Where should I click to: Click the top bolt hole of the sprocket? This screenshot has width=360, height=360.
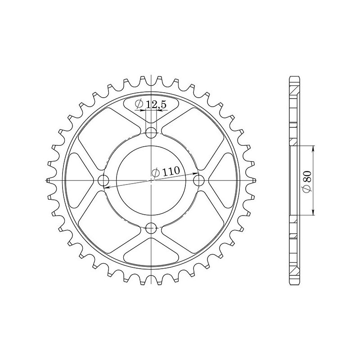(152, 133)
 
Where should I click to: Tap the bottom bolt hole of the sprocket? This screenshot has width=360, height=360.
(152, 227)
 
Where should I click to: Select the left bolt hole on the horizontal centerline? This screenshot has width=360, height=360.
(104, 180)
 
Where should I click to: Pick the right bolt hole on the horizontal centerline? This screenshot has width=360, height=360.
(199, 180)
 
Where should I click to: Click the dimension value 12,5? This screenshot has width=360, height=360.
(156, 105)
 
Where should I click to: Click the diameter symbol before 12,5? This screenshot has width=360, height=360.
(139, 105)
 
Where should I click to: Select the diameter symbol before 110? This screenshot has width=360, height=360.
(156, 173)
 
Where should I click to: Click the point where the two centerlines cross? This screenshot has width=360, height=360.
(152, 180)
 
